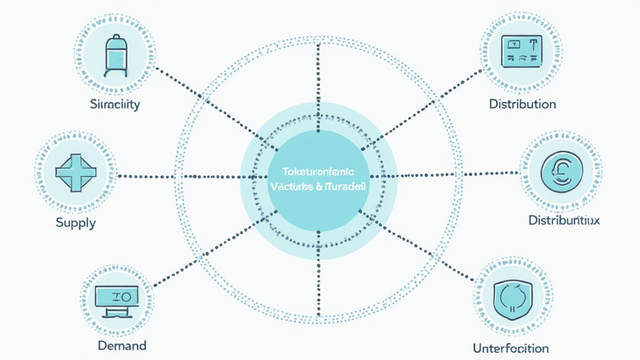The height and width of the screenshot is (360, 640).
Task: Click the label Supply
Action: coord(76,222)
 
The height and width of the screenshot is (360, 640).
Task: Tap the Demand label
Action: coord(122,345)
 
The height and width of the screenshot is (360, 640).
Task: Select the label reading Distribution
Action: coord(522,103)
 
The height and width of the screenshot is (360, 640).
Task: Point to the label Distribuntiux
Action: coord(564,221)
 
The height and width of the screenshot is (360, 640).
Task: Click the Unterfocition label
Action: coord(511,348)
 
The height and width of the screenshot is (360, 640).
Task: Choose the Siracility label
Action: coord(115,104)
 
